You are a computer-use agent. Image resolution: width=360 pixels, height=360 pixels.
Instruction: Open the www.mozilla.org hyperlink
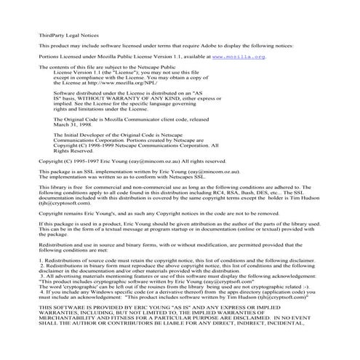coord(240,55)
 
